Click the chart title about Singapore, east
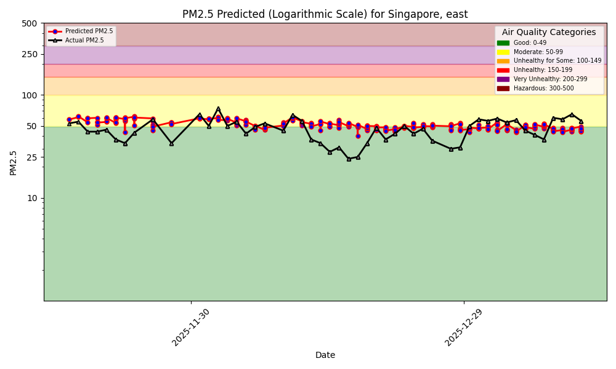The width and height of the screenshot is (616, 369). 325,14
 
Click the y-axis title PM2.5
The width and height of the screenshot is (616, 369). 14,162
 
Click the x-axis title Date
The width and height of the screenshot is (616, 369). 325,355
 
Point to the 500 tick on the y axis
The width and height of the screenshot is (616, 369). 30,23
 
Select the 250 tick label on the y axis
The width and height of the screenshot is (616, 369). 30,54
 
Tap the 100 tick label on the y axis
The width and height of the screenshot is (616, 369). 30,95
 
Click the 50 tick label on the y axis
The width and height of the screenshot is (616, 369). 31,126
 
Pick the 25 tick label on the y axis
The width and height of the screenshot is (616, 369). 31,157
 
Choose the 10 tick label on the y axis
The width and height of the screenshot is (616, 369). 31,198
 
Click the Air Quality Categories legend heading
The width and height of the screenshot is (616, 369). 549,33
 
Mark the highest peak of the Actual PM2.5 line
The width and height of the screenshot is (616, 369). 218,109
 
